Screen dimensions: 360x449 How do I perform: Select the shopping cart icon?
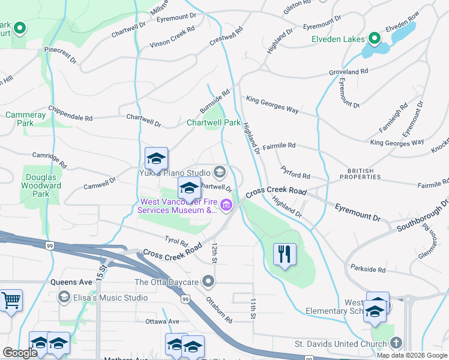[x=11, y=301]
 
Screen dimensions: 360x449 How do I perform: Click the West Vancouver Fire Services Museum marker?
[x=226, y=206]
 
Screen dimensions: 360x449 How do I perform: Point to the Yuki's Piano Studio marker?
[x=219, y=173]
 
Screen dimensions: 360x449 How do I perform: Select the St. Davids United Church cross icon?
[x=395, y=343]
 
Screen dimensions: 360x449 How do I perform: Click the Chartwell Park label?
[x=213, y=122]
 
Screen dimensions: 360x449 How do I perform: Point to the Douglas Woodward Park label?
[x=41, y=185]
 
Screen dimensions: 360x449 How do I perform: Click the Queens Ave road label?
[x=73, y=281]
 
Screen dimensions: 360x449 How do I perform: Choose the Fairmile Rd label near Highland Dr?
[x=279, y=145]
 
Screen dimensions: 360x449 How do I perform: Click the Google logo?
[x=20, y=353]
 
